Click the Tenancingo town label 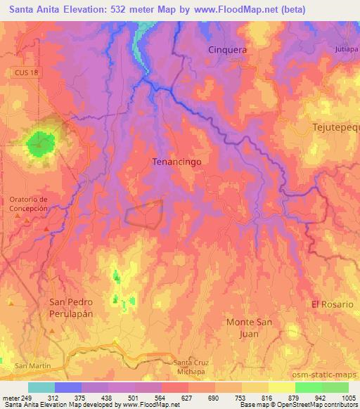(177, 162)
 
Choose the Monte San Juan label (252, 327)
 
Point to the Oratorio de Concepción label (28, 204)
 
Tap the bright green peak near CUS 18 (41, 143)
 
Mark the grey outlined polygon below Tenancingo (144, 213)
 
